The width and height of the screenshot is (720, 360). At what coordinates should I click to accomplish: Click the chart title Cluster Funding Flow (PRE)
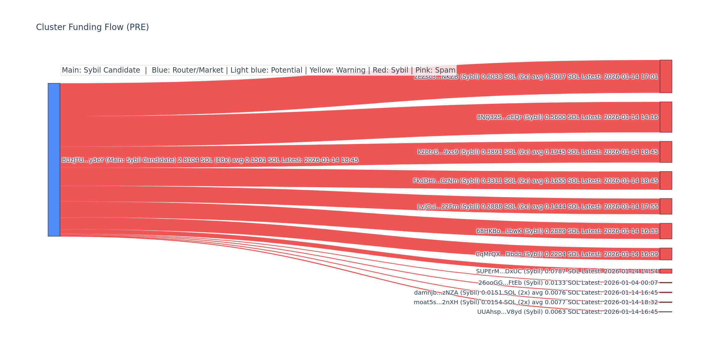pyautogui.click(x=92, y=27)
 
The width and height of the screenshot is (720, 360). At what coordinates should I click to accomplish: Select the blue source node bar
pyautogui.click(x=54, y=160)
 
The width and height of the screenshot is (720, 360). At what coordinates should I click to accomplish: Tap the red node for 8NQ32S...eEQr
pyautogui.click(x=666, y=117)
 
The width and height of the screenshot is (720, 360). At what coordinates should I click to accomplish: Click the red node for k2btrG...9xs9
pyautogui.click(x=666, y=152)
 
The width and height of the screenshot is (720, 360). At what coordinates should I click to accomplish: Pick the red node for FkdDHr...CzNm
pyautogui.click(x=666, y=181)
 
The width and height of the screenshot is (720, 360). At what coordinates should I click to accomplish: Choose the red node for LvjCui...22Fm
pyautogui.click(x=666, y=206)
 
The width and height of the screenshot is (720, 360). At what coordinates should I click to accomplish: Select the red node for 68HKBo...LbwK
pyautogui.click(x=666, y=231)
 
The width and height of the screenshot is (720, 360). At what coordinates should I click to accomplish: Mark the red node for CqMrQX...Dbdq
pyautogui.click(x=666, y=254)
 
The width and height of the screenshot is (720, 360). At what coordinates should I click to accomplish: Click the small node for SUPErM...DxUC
pyautogui.click(x=666, y=271)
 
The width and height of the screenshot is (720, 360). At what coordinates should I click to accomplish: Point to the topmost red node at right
pyautogui.click(x=666, y=76)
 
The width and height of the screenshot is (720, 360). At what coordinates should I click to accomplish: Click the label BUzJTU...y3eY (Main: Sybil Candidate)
pyautogui.click(x=119, y=160)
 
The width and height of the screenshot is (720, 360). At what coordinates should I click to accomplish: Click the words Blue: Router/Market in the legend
pyautogui.click(x=187, y=70)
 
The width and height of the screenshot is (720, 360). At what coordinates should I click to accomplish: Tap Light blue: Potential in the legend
pyautogui.click(x=266, y=70)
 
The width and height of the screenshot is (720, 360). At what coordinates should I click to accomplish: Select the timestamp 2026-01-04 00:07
pyautogui.click(x=631, y=283)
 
